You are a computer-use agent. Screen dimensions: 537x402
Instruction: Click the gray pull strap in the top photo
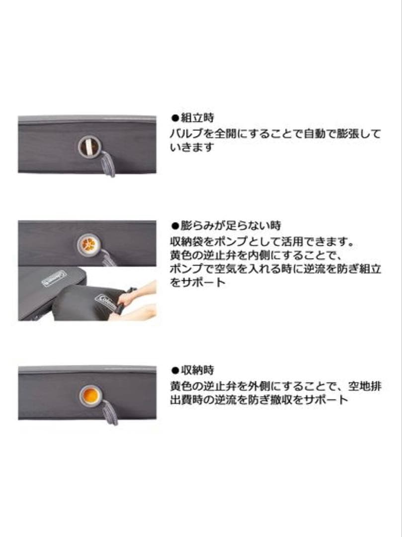107,164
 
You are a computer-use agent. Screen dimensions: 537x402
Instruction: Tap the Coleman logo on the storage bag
105,302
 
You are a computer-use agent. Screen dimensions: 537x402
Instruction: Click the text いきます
192,148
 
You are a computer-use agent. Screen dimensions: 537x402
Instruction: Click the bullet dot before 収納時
174,371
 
